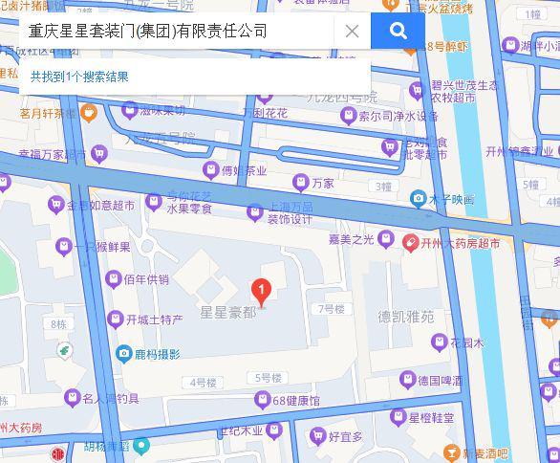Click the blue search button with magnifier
tap(398, 31)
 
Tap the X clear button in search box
tap(352, 31)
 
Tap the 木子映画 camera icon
tap(418, 199)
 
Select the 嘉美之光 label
tap(349, 240)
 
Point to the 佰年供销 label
tap(145, 279)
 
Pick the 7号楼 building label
tap(331, 309)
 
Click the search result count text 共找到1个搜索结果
tap(79, 77)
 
